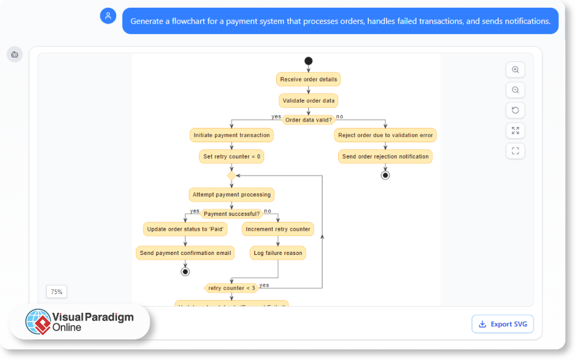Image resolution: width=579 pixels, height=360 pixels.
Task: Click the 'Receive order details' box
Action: click(308, 79)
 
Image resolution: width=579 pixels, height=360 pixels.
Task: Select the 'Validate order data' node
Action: click(308, 100)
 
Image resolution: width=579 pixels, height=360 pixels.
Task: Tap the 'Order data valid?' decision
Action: click(308, 120)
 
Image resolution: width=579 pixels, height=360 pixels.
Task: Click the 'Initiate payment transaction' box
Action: click(231, 135)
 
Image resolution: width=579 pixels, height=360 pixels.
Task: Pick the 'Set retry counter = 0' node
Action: click(231, 157)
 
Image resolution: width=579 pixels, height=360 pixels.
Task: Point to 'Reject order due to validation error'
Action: click(385, 135)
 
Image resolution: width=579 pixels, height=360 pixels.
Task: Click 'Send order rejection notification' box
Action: click(385, 156)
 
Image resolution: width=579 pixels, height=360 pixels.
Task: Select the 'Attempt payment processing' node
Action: click(231, 194)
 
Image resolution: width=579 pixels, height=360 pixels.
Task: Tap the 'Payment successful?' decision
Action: click(231, 214)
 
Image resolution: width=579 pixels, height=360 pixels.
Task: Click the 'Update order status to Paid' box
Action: click(185, 229)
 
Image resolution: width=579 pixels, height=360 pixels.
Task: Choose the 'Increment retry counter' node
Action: click(278, 229)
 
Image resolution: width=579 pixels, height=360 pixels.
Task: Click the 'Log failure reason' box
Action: click(278, 253)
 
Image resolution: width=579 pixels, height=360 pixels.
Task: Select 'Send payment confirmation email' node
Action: click(185, 253)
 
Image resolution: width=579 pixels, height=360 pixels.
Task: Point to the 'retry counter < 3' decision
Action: click(231, 288)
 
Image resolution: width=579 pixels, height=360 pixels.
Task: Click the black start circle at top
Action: click(308, 61)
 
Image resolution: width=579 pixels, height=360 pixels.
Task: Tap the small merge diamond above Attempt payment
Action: click(231, 175)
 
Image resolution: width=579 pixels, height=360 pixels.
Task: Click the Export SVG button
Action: click(502, 324)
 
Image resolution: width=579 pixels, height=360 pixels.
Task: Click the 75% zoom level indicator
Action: click(57, 292)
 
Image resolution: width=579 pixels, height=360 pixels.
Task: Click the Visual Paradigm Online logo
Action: click(80, 322)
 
